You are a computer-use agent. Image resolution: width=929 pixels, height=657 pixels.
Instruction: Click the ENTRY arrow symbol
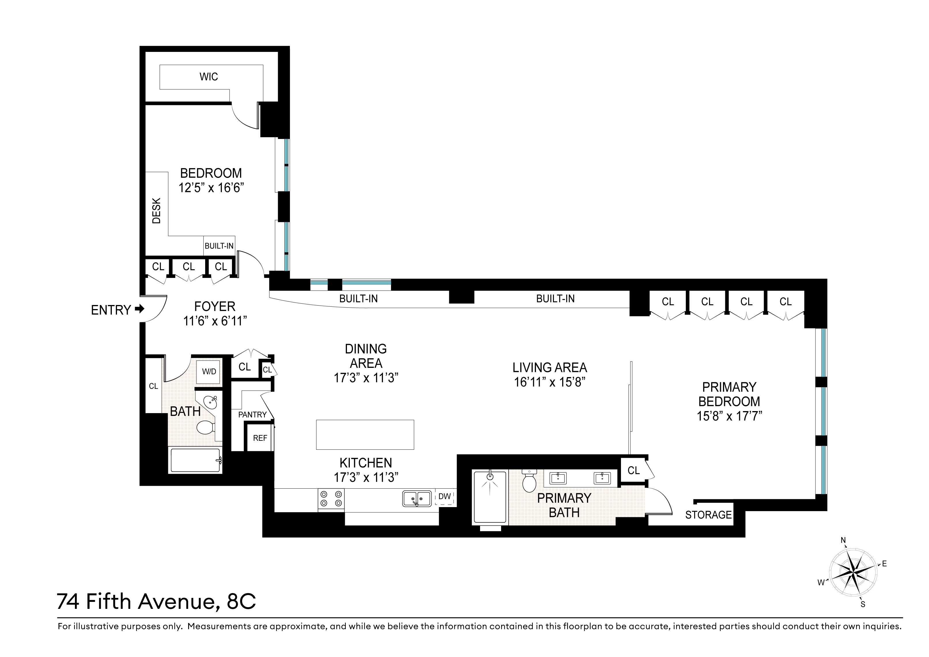[x=139, y=309]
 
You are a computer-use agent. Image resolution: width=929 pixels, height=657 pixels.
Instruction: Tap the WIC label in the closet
[x=209, y=77]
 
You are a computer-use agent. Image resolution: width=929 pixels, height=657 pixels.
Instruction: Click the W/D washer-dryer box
[x=209, y=372]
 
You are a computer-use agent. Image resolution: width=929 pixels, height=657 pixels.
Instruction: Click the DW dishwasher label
[x=444, y=496]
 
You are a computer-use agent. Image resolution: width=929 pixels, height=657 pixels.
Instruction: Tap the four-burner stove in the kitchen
[x=331, y=499]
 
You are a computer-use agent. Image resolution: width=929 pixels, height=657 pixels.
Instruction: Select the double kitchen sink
[x=417, y=498]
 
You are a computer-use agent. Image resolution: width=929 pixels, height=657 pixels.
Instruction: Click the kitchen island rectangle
[x=365, y=435]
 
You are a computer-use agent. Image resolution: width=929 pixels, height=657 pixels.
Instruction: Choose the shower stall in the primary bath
[x=490, y=497]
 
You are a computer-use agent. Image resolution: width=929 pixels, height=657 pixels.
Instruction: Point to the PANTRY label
[x=252, y=415]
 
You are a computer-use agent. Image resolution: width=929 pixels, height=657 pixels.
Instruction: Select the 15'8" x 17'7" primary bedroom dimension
[x=729, y=416]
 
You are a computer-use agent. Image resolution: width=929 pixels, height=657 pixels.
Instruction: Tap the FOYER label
[x=215, y=306]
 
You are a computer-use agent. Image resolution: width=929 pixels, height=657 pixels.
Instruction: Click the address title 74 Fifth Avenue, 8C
[x=156, y=602]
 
